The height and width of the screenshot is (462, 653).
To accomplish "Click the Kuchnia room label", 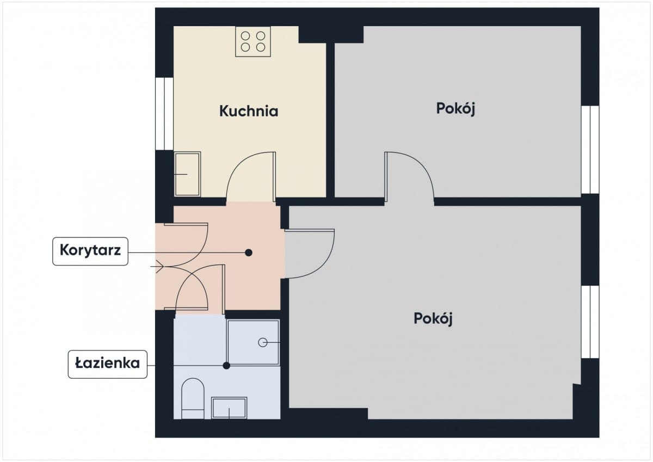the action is pyautogui.click(x=249, y=111).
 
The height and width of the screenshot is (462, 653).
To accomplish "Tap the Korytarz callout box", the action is pyautogui.click(x=90, y=251).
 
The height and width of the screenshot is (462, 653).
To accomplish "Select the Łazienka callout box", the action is pyautogui.click(x=108, y=365).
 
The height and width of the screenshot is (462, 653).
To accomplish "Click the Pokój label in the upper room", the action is pyautogui.click(x=455, y=109).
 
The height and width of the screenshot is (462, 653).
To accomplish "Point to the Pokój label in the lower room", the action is pyautogui.click(x=433, y=319).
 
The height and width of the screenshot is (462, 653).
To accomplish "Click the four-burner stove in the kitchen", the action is pyautogui.click(x=253, y=41).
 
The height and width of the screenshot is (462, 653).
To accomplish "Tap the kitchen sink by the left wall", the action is pyautogui.click(x=187, y=174).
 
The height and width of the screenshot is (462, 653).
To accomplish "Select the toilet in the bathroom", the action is pyautogui.click(x=193, y=398).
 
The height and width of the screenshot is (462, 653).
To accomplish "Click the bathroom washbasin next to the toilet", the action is pyautogui.click(x=229, y=408).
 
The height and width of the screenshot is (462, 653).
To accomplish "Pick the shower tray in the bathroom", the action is pyautogui.click(x=253, y=342).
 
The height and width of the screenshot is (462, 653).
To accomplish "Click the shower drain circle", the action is pyautogui.click(x=263, y=342).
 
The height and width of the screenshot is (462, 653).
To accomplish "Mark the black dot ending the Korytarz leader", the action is pyautogui.click(x=249, y=252).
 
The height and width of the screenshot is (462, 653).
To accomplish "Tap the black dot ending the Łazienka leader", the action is pyautogui.click(x=226, y=366).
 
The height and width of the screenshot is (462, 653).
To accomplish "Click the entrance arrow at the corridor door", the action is pyautogui.click(x=157, y=267).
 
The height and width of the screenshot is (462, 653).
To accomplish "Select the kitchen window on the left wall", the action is pyautogui.click(x=164, y=114).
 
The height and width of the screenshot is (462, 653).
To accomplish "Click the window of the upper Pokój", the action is pyautogui.click(x=590, y=150).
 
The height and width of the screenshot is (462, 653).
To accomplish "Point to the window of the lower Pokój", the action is pyautogui.click(x=590, y=322).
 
